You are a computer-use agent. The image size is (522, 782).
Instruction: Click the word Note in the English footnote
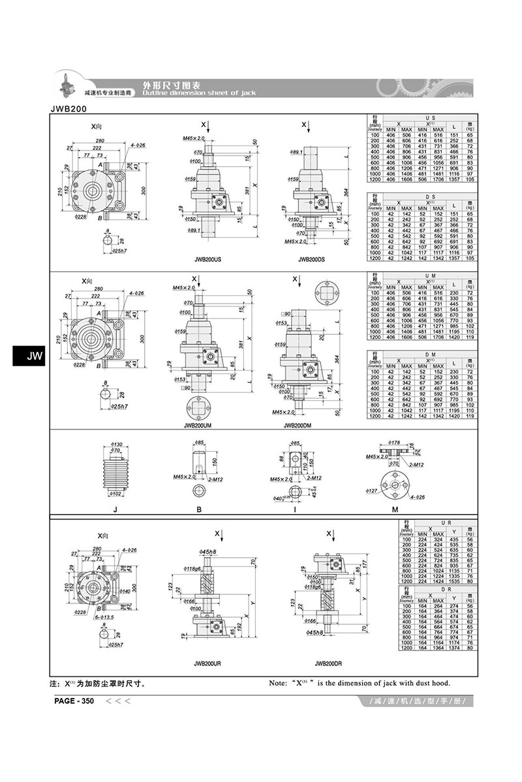click(x=280, y=684)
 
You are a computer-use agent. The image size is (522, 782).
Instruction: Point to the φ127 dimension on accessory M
click(x=371, y=491)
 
